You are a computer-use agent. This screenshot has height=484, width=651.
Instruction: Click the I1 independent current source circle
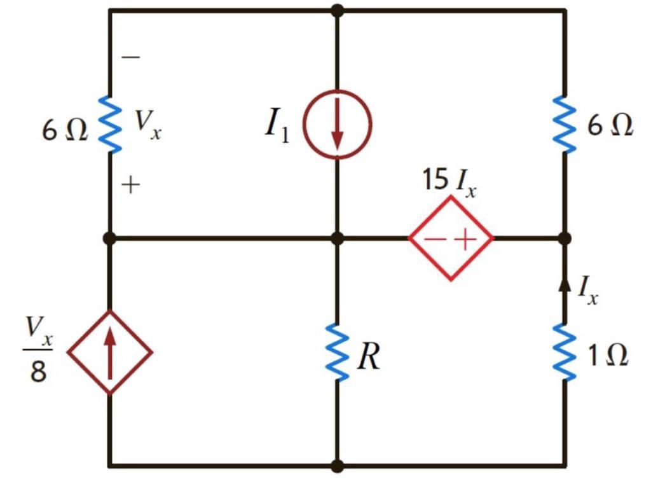(x=337, y=125)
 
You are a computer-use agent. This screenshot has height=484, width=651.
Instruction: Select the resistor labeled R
(x=337, y=353)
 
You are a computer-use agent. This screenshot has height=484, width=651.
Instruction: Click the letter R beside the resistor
(x=369, y=358)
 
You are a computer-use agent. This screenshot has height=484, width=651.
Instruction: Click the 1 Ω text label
(x=607, y=356)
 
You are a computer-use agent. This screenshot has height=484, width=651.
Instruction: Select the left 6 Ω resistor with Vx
(x=109, y=125)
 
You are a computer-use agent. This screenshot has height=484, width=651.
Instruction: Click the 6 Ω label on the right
(x=610, y=126)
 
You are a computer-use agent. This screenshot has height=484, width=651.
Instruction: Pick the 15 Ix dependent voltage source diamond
(x=451, y=238)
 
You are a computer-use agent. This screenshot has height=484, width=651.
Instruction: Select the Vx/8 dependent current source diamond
(x=110, y=352)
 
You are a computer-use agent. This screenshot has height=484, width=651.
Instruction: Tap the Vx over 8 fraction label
(x=38, y=349)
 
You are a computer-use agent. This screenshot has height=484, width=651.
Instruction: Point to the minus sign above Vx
(x=131, y=57)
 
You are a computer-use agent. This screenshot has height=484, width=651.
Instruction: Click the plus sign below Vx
(x=130, y=185)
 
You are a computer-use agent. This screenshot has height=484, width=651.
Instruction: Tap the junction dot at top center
(x=337, y=10)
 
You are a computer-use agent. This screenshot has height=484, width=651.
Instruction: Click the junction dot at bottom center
(x=337, y=466)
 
